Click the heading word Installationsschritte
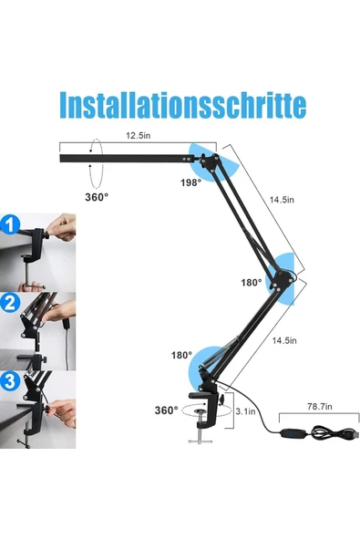tap(183, 105)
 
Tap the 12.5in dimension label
tap(138, 135)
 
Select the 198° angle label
tap(190, 182)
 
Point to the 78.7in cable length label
tap(319, 407)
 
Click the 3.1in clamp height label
tap(245, 411)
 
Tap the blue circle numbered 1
tap(10, 224)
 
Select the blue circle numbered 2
tap(10, 303)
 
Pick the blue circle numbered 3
tap(10, 381)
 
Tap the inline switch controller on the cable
tap(292, 433)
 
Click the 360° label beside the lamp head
tap(97, 197)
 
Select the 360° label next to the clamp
tap(166, 410)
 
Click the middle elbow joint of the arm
tap(283, 279)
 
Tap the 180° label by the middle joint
tap(252, 283)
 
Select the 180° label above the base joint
tap(181, 355)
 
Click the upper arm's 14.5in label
tap(282, 200)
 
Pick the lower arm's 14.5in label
tap(284, 340)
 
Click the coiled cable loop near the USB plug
tap(327, 432)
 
